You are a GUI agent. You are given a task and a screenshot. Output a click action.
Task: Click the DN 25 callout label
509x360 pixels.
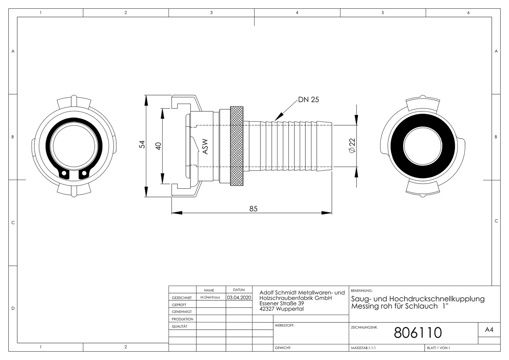coord(308,100)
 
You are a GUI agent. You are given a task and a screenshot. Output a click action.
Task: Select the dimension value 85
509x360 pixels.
coord(254,209)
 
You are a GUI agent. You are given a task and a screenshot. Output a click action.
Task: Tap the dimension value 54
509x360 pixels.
coord(142,144)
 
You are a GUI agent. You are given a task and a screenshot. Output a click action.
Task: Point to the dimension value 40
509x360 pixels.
coord(158,146)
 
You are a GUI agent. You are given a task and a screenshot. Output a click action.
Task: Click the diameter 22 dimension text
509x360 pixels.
coord(352,146)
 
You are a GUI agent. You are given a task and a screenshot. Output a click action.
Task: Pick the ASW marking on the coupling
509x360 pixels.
coord(205,147)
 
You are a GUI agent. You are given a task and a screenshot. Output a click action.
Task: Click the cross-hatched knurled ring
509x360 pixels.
coord(237,146)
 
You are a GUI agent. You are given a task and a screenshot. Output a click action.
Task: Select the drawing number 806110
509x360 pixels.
coord(418,333)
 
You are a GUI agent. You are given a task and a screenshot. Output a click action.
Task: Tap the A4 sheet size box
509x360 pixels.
coord(489,330)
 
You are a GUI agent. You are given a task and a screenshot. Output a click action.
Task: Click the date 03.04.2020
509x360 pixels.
coord(239,297)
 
